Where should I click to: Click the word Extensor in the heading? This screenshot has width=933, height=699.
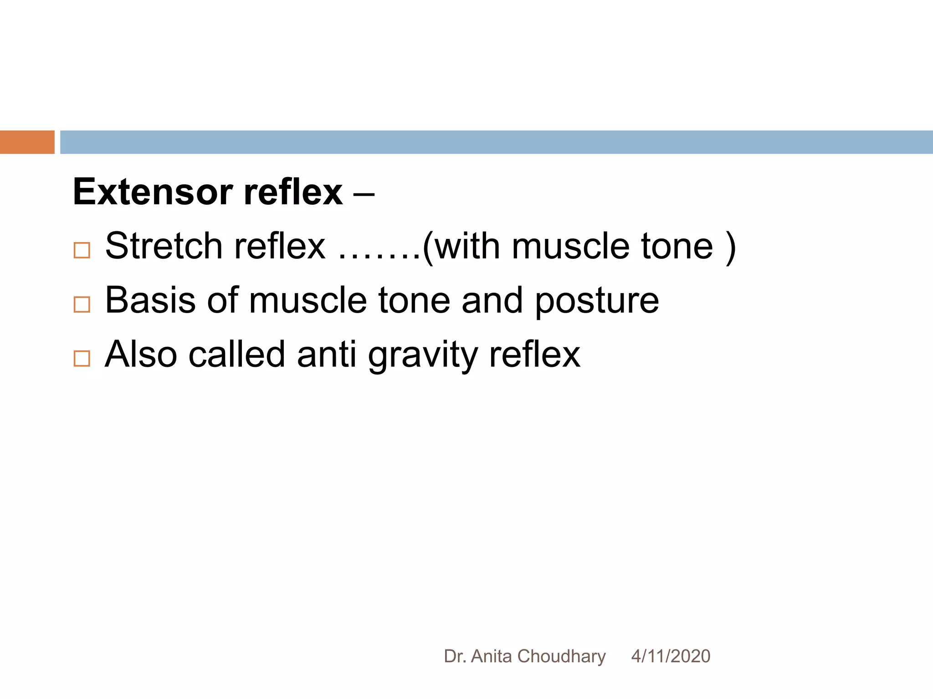(x=153, y=192)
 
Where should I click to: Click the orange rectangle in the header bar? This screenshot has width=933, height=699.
(x=27, y=142)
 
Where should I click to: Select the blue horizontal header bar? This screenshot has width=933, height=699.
(x=496, y=142)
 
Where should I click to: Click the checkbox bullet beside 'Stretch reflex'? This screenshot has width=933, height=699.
(x=82, y=250)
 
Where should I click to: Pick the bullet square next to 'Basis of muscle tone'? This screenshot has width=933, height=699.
(x=82, y=304)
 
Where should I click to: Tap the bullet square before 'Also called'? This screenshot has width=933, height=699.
(x=82, y=359)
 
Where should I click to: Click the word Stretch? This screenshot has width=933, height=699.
(x=164, y=246)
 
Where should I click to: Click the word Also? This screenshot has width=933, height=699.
(x=141, y=355)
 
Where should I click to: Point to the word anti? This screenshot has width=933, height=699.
(x=326, y=355)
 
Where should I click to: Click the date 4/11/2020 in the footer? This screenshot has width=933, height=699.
(x=671, y=656)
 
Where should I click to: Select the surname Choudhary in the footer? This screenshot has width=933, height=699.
(x=561, y=656)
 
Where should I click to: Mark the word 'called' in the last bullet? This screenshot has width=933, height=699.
(x=236, y=355)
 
